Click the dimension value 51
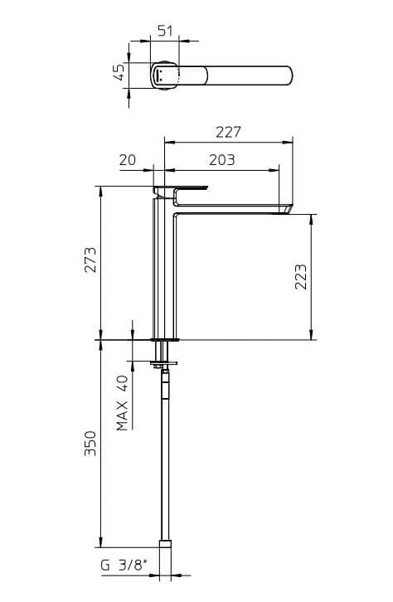165,31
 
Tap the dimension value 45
119,72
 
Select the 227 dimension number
228,132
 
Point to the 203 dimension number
222,160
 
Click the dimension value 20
128,160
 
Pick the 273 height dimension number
90,260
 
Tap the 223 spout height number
301,276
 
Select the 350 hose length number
90,444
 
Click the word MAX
122,415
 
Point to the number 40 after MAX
122,384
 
